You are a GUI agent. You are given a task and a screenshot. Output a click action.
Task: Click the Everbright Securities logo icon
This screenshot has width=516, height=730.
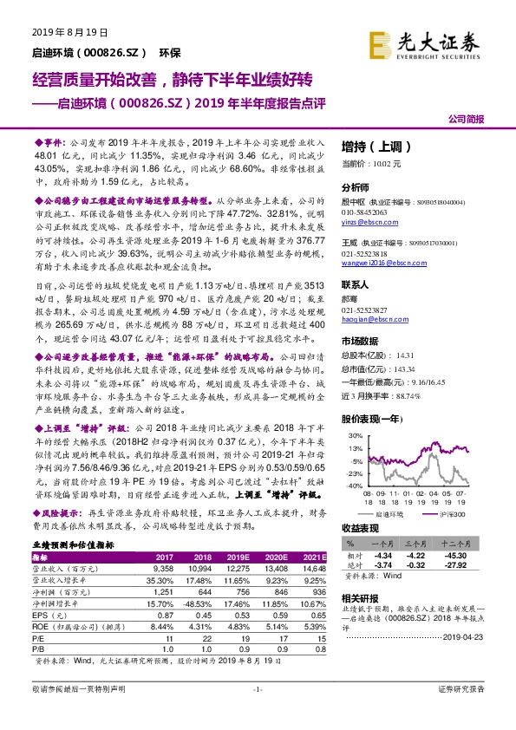pyautogui.click(x=379, y=42)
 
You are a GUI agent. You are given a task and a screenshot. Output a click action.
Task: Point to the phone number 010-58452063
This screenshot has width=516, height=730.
pyautogui.click(x=367, y=211)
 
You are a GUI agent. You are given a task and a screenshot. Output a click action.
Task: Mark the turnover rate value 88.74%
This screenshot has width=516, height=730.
pyautogui.click(x=411, y=395)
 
